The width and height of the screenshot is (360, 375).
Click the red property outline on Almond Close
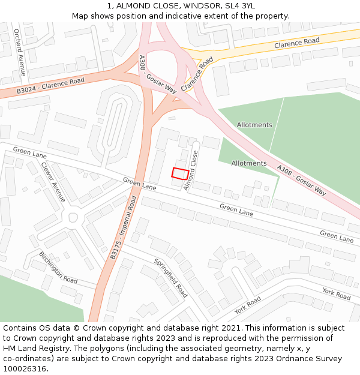coord(179,173)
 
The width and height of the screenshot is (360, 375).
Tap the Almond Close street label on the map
coord(190,170)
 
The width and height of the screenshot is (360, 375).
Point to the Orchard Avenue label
coord(20,52)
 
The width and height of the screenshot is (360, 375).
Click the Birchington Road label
coord(58,267)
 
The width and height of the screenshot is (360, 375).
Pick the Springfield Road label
coord(171,278)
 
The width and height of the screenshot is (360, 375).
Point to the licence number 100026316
coord(25,369)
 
